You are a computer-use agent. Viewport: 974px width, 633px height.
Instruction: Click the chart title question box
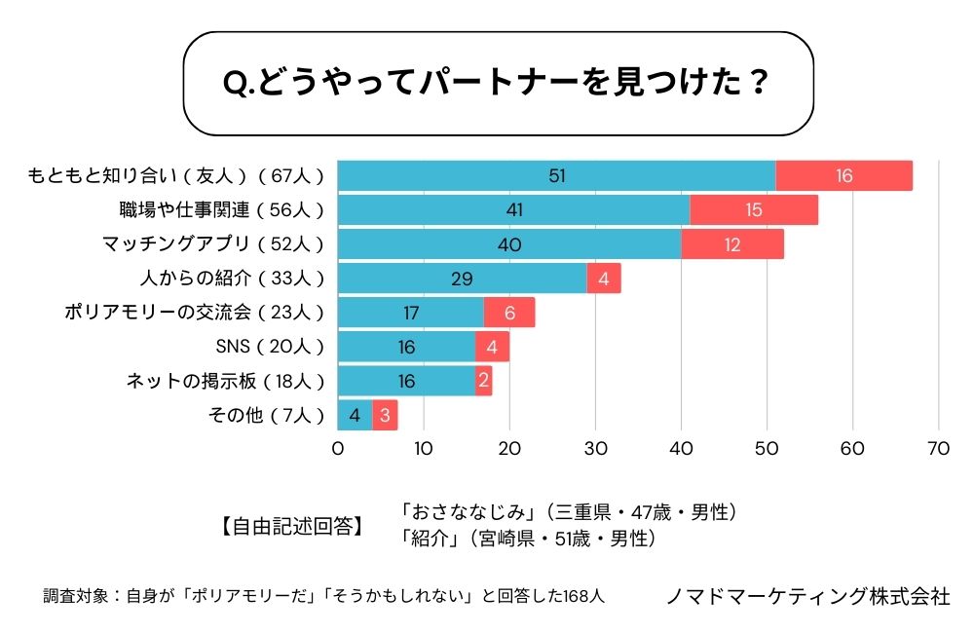498,84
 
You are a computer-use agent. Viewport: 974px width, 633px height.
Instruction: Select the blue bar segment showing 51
556,175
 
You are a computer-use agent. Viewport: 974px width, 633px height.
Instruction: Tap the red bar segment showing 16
843,175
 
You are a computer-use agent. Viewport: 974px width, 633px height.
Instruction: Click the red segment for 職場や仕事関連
754,209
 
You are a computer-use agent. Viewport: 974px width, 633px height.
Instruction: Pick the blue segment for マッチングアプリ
509,243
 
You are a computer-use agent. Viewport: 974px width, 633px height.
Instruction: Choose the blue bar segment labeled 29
462,279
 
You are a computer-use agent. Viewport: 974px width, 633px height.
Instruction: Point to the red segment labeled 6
509,313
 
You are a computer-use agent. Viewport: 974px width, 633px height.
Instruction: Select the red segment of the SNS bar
492,347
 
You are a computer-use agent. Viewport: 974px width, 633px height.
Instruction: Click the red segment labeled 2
484,381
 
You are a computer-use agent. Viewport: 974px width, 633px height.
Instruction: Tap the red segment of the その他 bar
385,415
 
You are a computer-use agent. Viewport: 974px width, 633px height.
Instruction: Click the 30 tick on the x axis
595,449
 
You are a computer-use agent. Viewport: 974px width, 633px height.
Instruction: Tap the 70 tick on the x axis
938,449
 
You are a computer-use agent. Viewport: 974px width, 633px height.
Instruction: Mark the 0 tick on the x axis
338,449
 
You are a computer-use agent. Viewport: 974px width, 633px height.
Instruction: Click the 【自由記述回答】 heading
287,527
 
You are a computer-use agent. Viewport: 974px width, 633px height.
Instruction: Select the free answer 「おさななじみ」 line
569,512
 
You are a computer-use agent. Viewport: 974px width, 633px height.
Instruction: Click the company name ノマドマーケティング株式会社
807,596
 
